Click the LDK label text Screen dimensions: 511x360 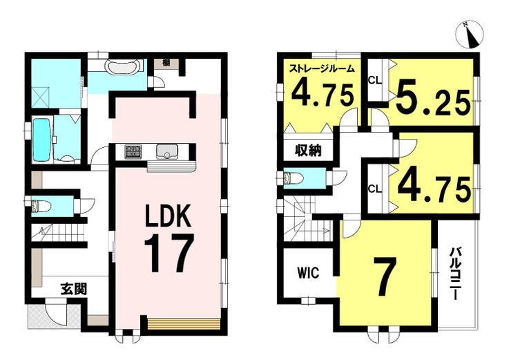tap(168, 216)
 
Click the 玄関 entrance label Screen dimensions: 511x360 tap(74, 289)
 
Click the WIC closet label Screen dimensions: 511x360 tap(308, 273)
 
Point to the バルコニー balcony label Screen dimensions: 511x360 tap(455, 274)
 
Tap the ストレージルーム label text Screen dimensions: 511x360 tap(322, 69)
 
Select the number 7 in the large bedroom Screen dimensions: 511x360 tap(385, 276)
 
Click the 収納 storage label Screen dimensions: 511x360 tap(308, 151)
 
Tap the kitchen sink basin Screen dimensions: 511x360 tap(166, 151)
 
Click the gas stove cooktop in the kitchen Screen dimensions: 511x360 tap(133, 152)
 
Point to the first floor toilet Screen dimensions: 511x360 tap(41, 207)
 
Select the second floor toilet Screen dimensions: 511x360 tap(293, 178)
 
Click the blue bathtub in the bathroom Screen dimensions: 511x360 tap(41, 140)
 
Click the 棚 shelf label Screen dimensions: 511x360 tap(166, 63)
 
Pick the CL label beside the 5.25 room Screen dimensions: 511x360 tap(375, 80)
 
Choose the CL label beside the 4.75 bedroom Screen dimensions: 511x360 tap(375, 189)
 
